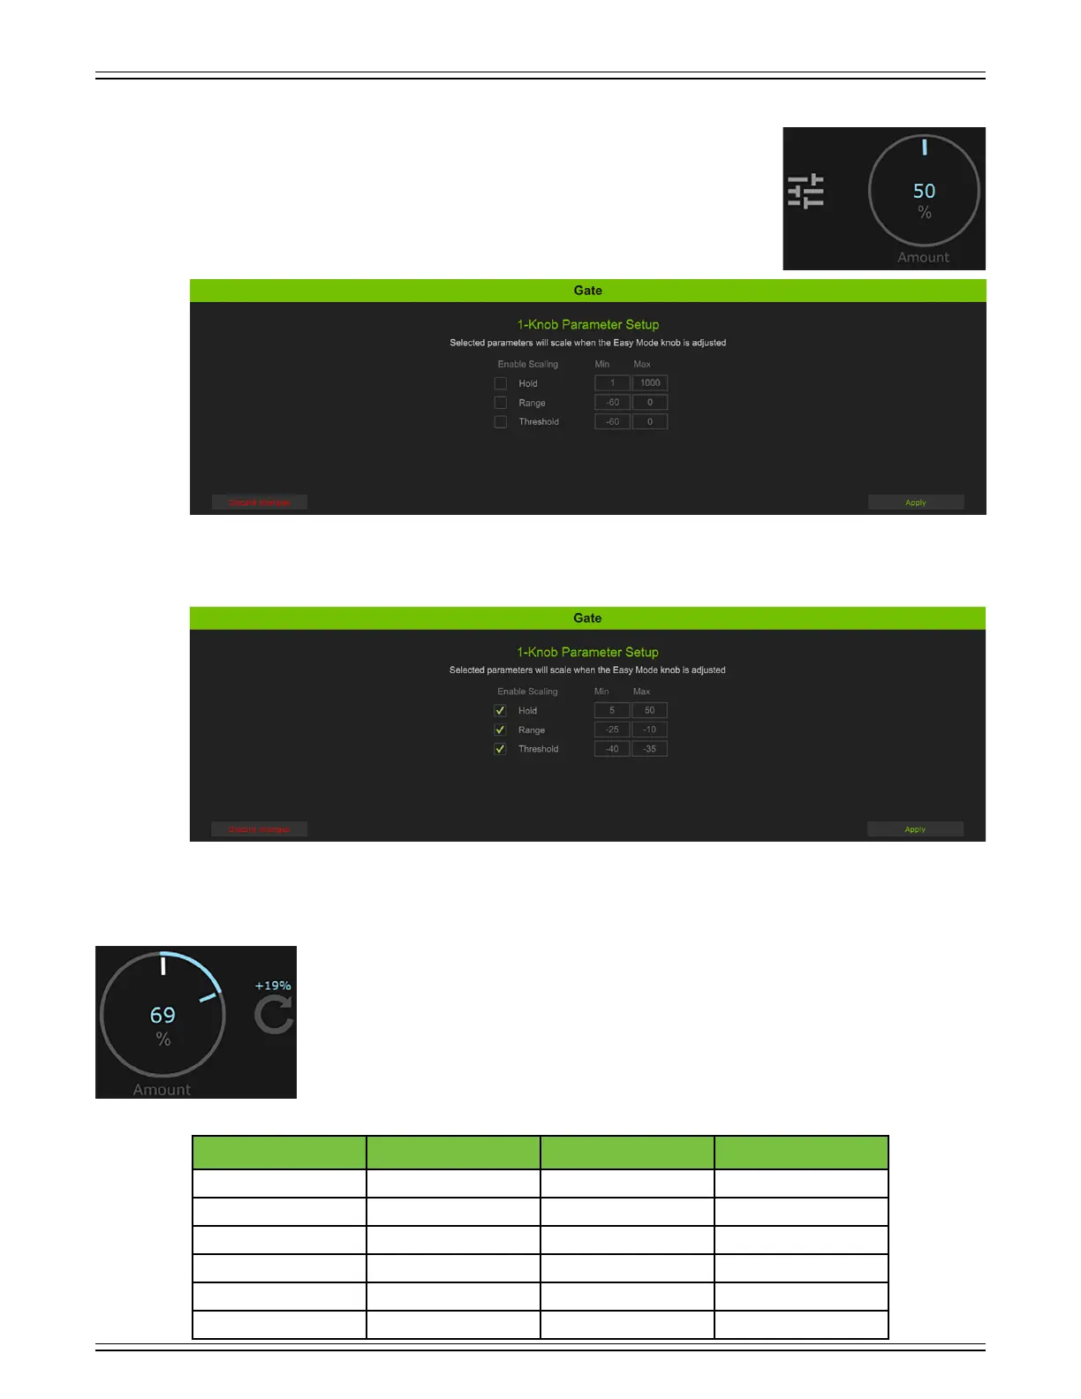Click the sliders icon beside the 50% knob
[805, 191]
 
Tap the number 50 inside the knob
[924, 191]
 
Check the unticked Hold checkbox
[501, 383]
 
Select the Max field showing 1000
[650, 383]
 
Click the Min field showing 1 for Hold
[612, 383]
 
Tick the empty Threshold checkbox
[501, 422]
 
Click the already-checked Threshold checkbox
[500, 749]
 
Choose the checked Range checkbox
[500, 730]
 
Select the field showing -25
[612, 730]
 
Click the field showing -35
[649, 749]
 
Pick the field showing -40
[612, 749]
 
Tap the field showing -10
[649, 730]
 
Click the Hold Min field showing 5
[612, 710]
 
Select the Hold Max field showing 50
[649, 710]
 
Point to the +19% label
[273, 986]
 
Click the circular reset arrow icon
[274, 1015]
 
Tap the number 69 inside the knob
[163, 1016]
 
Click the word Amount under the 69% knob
[162, 1090]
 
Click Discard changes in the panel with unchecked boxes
[260, 503]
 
